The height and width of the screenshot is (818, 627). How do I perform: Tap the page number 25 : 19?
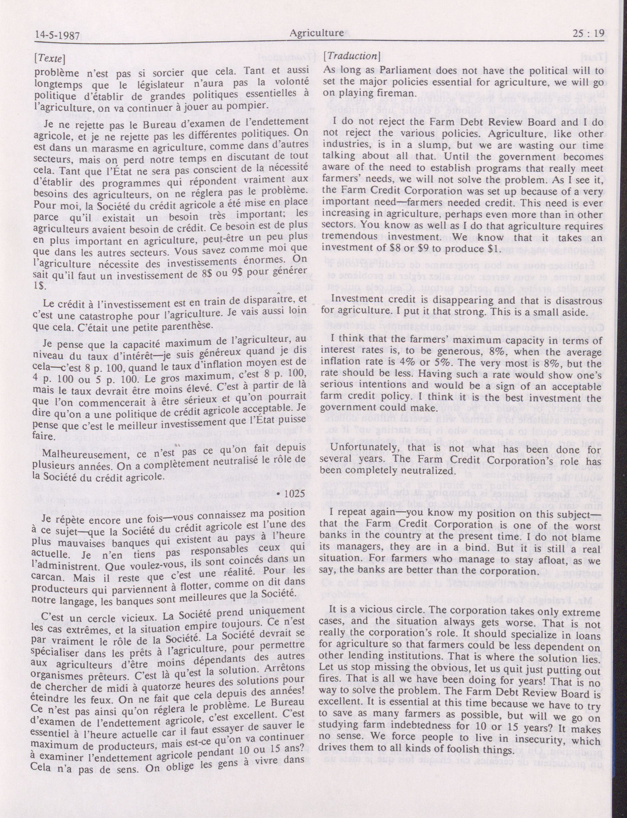click(x=587, y=33)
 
